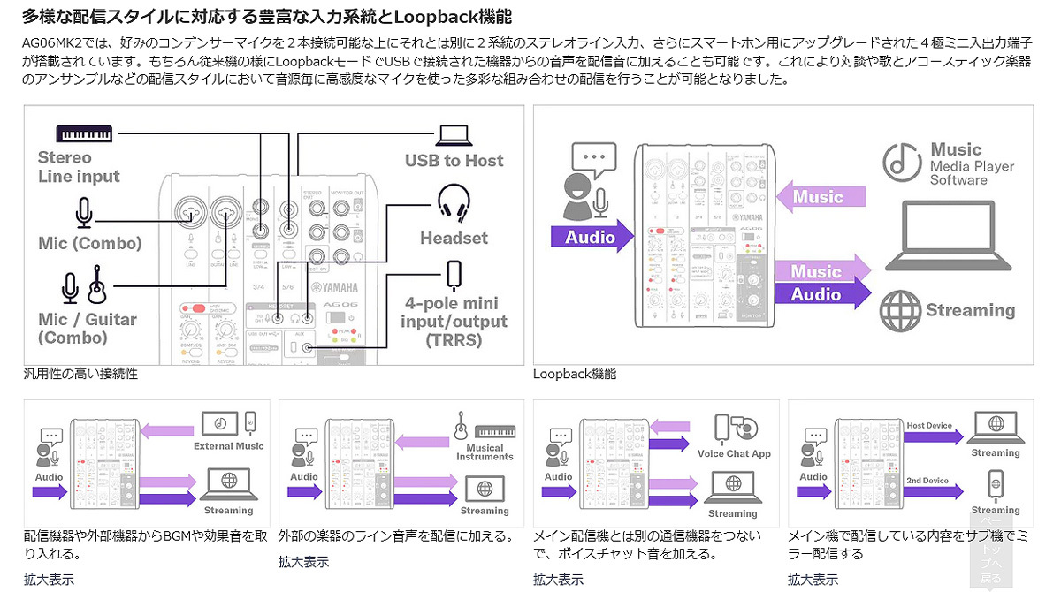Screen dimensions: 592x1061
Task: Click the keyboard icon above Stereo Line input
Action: point(85,133)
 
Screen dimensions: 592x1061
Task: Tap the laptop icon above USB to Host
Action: point(453,135)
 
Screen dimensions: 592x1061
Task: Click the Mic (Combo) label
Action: point(89,243)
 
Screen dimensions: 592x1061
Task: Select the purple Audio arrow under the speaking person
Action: point(592,237)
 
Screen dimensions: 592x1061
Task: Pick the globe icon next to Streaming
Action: point(899,311)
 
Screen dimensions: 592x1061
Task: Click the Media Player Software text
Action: point(972,173)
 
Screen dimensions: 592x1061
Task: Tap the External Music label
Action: point(228,446)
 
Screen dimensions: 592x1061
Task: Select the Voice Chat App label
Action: point(734,454)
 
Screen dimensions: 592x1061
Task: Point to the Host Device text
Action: point(929,426)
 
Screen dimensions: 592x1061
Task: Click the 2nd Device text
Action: point(927,482)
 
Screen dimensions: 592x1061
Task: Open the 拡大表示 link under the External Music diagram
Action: point(49,580)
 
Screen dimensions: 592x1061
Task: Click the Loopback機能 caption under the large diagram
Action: point(574,374)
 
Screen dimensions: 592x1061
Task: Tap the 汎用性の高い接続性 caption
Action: point(80,374)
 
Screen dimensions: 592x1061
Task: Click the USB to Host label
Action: point(454,161)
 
